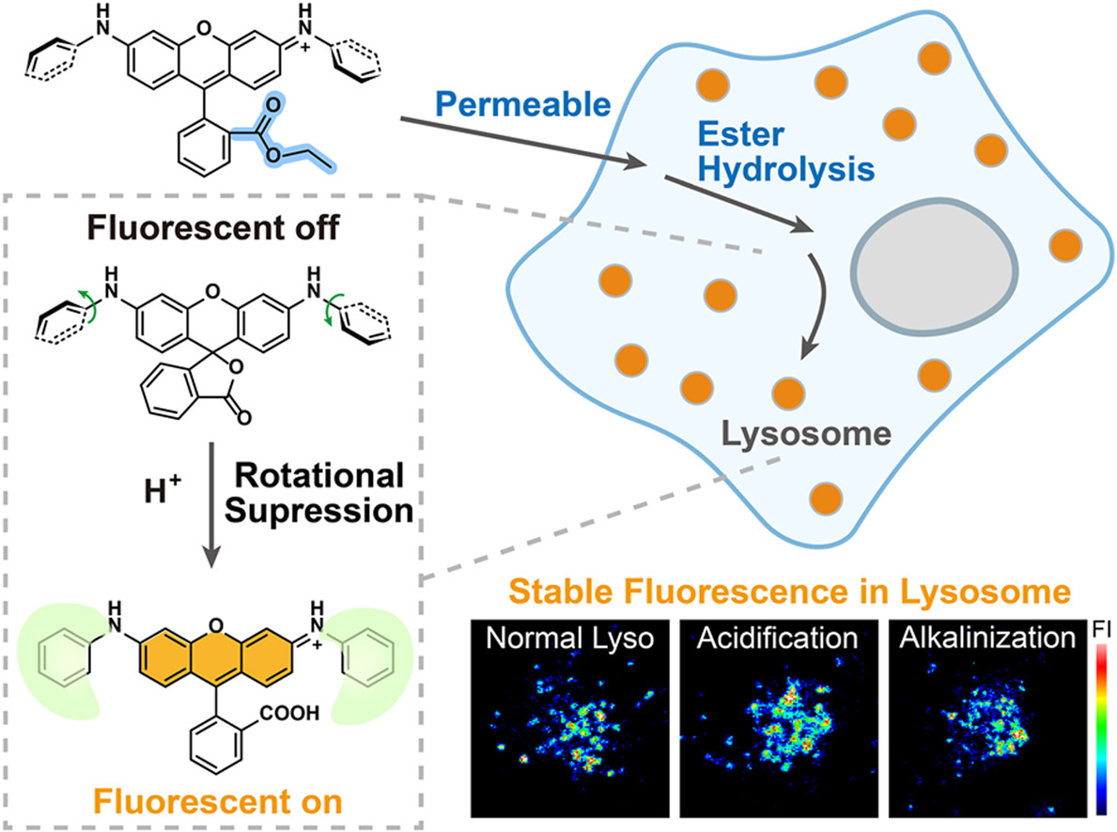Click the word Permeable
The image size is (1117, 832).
coord(523,105)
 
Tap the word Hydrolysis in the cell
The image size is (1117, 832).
coord(785,170)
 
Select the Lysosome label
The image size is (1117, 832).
coord(806,434)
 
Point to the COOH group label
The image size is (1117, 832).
coord(289,713)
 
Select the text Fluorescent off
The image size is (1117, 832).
coord(213,228)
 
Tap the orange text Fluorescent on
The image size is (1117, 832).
coord(218,802)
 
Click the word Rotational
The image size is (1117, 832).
coord(319,476)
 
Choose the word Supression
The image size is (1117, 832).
coord(319,512)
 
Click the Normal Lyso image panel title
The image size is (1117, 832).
coord(570,638)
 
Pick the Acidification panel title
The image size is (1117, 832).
coord(777,638)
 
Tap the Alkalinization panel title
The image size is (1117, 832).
coord(987,638)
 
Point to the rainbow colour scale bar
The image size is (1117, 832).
coord(1101,729)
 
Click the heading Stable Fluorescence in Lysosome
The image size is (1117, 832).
coord(790,592)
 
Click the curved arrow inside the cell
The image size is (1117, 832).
coord(818,307)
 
